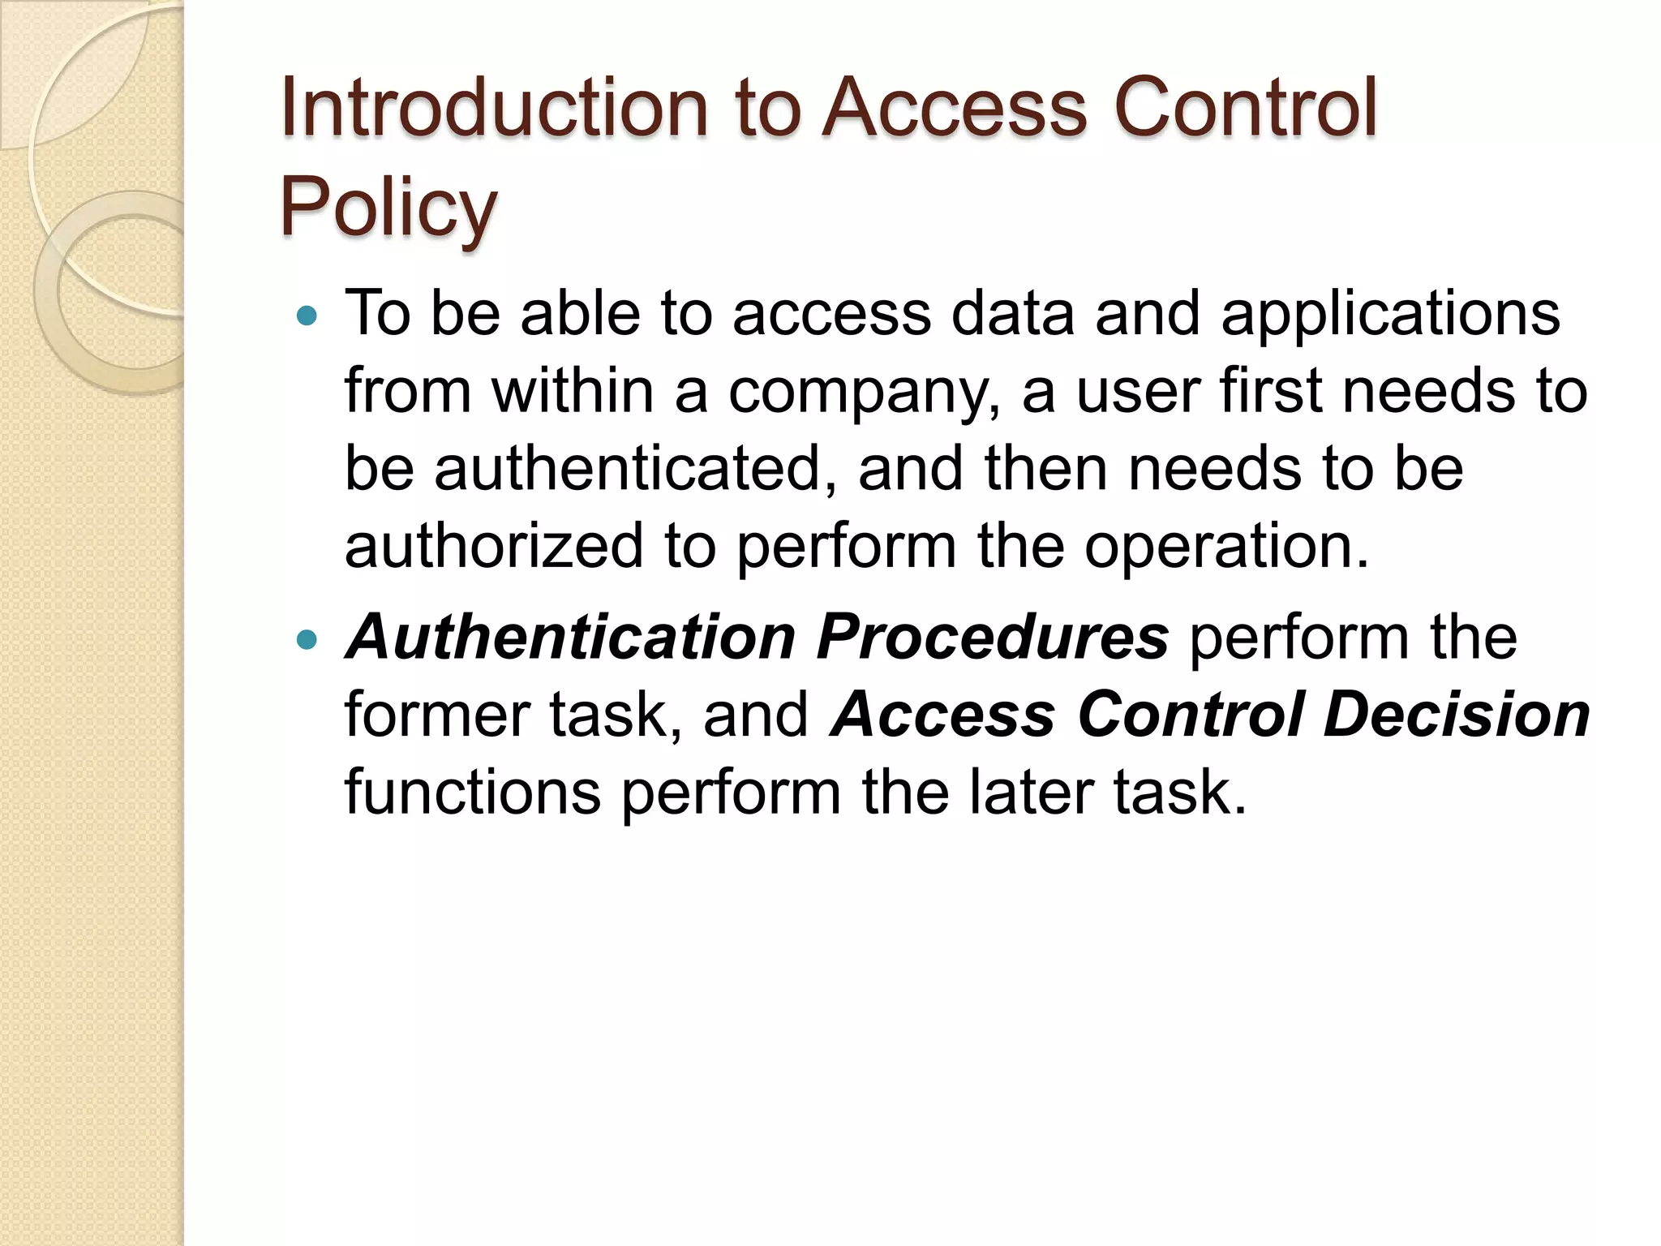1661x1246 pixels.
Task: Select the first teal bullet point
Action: (307, 315)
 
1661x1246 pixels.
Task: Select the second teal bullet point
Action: (307, 639)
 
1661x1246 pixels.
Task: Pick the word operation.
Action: (1227, 547)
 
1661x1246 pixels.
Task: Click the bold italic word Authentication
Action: (571, 638)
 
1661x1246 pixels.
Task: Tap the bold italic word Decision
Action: (1456, 715)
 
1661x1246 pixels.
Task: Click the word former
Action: (436, 715)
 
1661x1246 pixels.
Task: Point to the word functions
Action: (473, 793)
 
